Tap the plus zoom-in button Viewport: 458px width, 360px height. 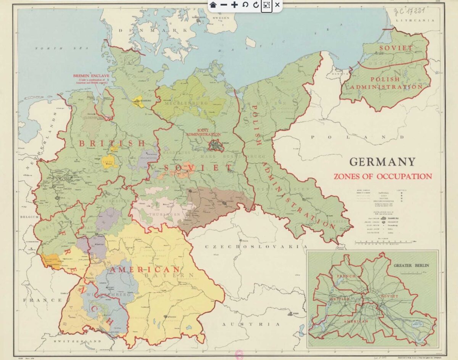(234, 5)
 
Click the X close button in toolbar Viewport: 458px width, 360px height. (277, 5)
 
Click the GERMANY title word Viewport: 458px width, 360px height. (382, 162)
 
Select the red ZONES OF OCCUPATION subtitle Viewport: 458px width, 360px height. (383, 177)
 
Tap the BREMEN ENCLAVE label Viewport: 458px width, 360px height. (92, 76)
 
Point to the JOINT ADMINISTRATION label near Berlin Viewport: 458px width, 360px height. (203, 132)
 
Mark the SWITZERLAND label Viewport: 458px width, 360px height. (73, 341)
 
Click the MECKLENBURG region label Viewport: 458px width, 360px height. (187, 103)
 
